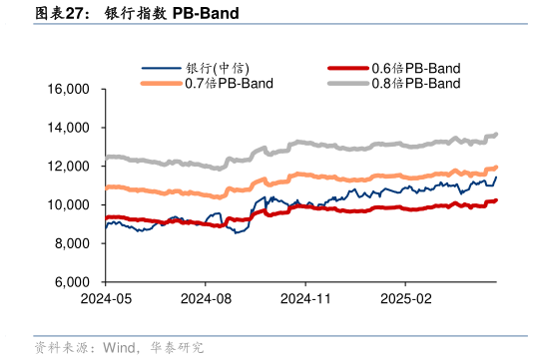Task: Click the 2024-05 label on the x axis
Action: (106, 298)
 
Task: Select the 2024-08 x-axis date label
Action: (207, 298)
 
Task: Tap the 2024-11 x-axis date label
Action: (305, 298)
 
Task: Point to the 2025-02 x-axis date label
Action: (405, 298)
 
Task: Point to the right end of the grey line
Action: (496, 135)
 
